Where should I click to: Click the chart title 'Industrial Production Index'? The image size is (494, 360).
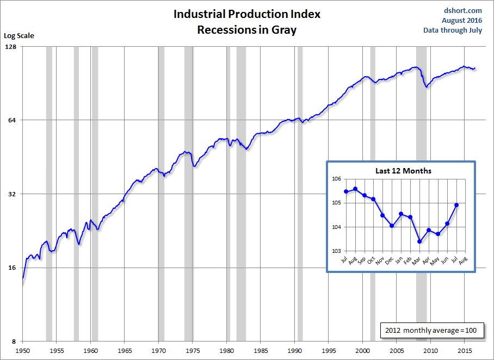[x=247, y=14]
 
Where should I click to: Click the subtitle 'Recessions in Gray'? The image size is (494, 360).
[x=247, y=29]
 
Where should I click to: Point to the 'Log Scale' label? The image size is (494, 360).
[x=19, y=36]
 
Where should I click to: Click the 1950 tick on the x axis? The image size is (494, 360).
[x=22, y=350]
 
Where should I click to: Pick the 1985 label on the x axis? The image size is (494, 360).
[x=261, y=350]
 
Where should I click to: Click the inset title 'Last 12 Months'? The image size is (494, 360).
[x=403, y=171]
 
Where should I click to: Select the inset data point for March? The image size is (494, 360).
[x=419, y=241]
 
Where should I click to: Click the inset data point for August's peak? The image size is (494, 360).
[x=355, y=189]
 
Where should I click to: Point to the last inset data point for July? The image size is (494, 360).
[x=456, y=205]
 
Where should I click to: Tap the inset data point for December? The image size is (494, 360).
[x=392, y=226]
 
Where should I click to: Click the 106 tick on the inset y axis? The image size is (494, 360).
[x=336, y=179]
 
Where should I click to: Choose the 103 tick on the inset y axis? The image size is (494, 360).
[x=336, y=251]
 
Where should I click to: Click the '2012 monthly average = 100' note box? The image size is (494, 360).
[x=431, y=330]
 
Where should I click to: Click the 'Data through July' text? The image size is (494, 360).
[x=453, y=30]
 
